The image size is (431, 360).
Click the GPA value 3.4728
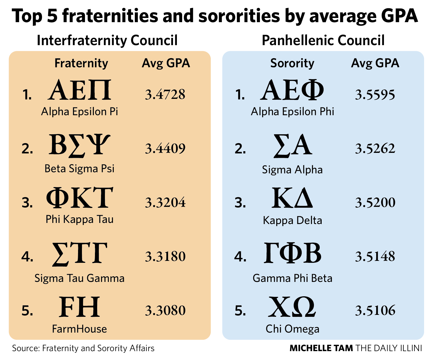point(165,94)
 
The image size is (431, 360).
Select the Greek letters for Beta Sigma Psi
point(79,145)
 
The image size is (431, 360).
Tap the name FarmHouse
point(79,329)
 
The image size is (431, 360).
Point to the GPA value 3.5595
point(375,95)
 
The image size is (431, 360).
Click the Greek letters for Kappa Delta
point(292,198)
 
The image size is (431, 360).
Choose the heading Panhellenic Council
point(323,40)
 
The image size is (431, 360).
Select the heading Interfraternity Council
point(107,40)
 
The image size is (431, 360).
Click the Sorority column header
point(292,63)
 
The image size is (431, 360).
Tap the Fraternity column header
point(81,63)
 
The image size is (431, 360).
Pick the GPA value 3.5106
point(375,310)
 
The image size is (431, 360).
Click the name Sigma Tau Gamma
point(79,278)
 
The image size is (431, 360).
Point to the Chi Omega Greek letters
point(292,307)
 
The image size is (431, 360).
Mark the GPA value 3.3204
point(165,202)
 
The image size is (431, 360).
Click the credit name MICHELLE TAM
point(321,348)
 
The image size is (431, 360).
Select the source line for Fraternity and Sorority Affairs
point(83,348)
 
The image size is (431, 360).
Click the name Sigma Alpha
point(292,169)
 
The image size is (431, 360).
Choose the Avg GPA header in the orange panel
point(166,63)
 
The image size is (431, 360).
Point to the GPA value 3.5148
point(375,256)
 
